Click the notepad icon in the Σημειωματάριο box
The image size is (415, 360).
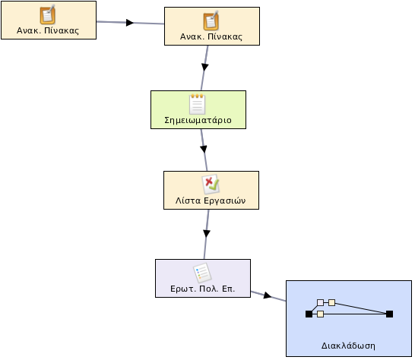tap(198, 104)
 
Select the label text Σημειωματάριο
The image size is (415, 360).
tap(198, 120)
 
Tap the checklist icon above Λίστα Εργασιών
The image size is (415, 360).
tap(211, 184)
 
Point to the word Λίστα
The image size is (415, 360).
tap(188, 201)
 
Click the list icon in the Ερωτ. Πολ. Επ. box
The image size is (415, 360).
tap(202, 273)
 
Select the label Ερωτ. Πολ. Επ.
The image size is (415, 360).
tap(203, 289)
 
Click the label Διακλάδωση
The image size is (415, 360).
tap(348, 346)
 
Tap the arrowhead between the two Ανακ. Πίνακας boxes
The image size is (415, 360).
tap(130, 23)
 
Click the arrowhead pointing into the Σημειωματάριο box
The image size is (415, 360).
tap(204, 67)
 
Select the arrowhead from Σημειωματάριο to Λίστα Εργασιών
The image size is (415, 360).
tap(204, 149)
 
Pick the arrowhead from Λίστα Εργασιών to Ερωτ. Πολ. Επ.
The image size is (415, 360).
tap(207, 234)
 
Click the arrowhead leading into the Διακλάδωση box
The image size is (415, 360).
tap(268, 295)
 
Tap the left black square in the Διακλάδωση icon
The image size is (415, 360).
tap(309, 314)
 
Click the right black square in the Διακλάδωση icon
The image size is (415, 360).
tap(390, 314)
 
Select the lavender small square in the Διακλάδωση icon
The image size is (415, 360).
tap(320, 302)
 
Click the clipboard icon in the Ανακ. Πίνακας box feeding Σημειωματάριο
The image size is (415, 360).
tap(211, 21)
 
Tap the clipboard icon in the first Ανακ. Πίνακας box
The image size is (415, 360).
tap(48, 14)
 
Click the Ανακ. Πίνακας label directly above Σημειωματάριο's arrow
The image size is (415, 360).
tap(211, 36)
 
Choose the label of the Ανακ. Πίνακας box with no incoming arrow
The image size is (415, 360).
tap(48, 30)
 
